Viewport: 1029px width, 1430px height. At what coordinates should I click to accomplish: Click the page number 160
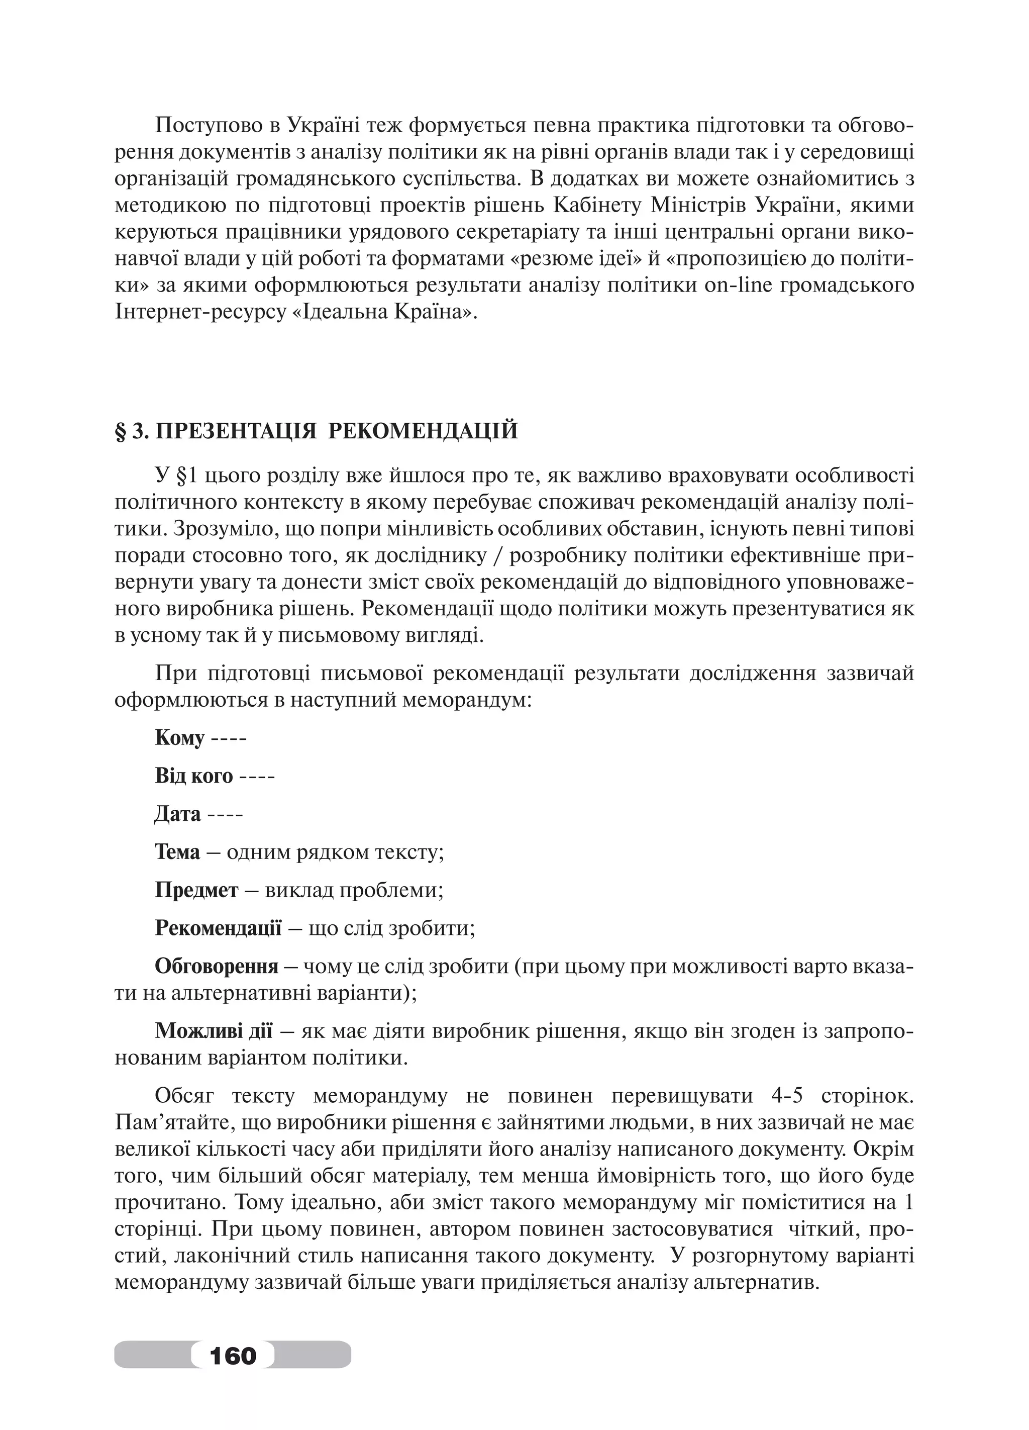coord(233,1355)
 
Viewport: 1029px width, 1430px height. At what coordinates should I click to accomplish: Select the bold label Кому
coord(179,738)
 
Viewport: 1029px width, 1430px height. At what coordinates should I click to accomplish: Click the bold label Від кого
coord(193,776)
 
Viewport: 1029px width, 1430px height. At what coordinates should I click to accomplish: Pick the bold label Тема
coord(177,852)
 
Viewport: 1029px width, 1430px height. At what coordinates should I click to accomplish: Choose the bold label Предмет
coord(196,890)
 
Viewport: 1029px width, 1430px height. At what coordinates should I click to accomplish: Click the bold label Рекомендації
coord(218,928)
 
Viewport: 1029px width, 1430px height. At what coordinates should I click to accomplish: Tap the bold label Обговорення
coord(216,966)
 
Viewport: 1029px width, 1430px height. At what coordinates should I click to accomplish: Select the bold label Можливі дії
coord(214,1031)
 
